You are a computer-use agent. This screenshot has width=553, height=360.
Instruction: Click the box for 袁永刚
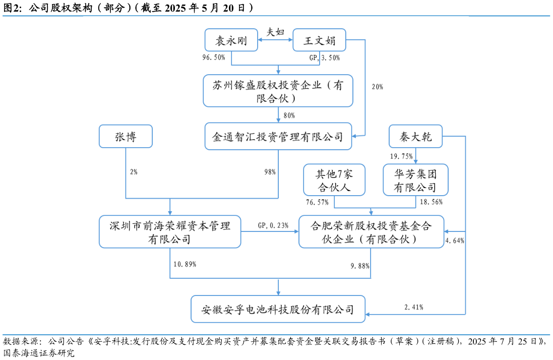coord(231,40)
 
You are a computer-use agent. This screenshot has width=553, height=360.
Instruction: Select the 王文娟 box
coord(319,40)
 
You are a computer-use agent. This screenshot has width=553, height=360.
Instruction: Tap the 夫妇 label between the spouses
coord(275,32)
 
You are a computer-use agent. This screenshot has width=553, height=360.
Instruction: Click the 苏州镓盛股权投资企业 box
coord(278,91)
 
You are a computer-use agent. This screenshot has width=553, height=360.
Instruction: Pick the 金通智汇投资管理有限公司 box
coord(278,136)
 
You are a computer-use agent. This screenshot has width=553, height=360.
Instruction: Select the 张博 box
coord(126,136)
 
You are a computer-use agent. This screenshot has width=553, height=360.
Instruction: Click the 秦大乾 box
coord(416,136)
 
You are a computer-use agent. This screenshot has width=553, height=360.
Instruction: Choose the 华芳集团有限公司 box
coord(415,181)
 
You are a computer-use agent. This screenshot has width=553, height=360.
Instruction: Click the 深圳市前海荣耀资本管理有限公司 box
coord(170,232)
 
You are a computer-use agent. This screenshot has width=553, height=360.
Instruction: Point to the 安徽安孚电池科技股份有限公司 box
coord(278,309)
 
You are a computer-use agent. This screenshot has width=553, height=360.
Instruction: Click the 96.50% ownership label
coord(213,57)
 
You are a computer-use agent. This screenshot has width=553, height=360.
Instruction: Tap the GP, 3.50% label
coord(324,57)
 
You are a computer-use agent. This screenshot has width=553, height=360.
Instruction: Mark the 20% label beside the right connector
coord(377,87)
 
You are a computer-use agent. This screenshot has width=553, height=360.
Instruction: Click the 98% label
coord(270,172)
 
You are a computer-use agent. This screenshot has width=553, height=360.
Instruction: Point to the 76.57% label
coord(317,202)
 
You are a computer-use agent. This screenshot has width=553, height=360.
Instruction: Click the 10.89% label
coord(185,264)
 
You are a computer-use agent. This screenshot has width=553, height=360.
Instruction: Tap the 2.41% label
coord(413,307)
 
